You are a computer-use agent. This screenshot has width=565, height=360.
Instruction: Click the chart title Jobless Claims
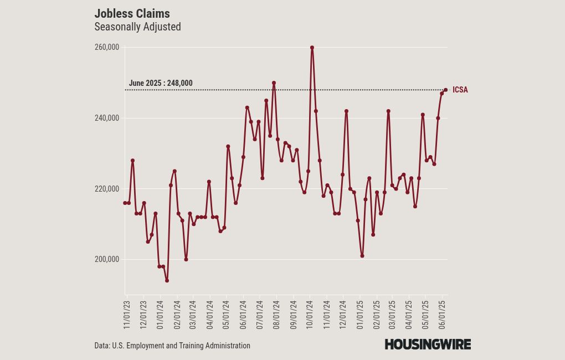tap(132, 13)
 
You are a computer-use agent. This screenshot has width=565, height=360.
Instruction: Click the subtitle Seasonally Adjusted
tap(137, 27)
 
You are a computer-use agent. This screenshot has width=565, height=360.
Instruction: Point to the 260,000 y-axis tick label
tap(107, 48)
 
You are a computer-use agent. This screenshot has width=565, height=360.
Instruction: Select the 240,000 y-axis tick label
tap(107, 118)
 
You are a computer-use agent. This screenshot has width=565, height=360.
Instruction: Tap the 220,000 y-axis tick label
tap(107, 189)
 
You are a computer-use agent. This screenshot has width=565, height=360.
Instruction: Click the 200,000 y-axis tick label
tap(107, 259)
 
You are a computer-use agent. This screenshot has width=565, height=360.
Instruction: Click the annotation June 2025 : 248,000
tap(161, 84)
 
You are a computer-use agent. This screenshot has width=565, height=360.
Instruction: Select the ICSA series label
tap(460, 90)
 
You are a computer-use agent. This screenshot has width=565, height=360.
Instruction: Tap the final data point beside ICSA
tap(445, 90)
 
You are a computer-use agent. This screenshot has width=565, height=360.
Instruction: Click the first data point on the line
tap(125, 203)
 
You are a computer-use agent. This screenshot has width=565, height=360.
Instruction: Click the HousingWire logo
tap(428, 344)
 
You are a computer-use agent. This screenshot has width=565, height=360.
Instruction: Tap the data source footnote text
tap(172, 346)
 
